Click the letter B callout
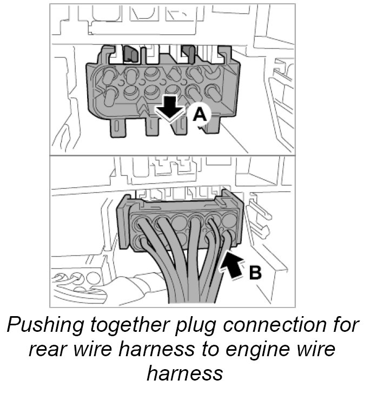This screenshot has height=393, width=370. (255, 272)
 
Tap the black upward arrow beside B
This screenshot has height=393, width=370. (231, 265)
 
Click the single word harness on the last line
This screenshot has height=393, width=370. (184, 374)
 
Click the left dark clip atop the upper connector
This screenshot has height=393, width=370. (130, 53)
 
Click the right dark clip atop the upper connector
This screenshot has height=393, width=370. (188, 53)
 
